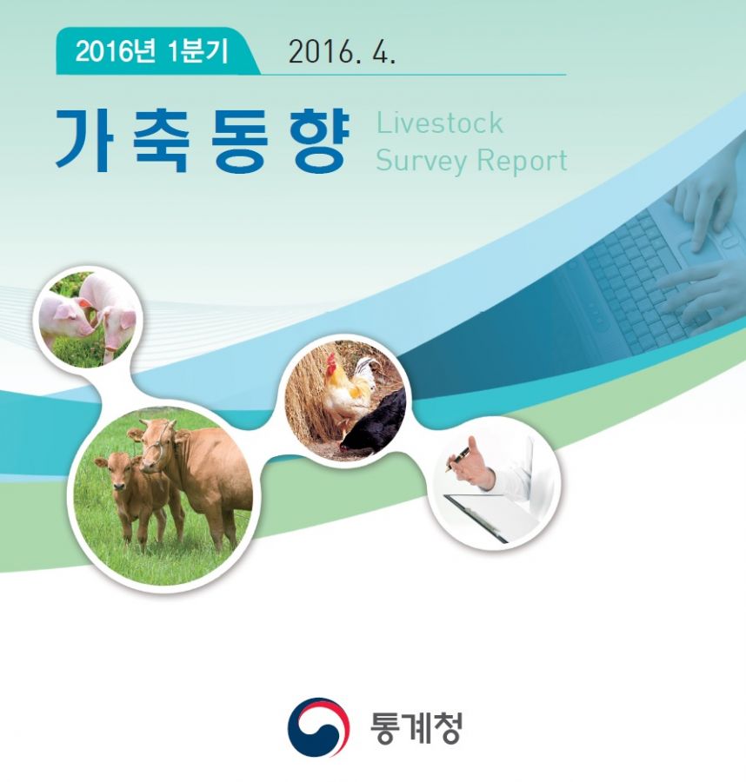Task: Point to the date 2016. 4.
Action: [342, 52]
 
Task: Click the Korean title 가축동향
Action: [202, 141]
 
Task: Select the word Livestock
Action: [439, 123]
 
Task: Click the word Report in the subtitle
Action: [522, 161]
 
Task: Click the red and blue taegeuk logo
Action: [318, 726]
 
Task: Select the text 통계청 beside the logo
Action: [416, 727]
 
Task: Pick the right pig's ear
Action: [127, 319]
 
